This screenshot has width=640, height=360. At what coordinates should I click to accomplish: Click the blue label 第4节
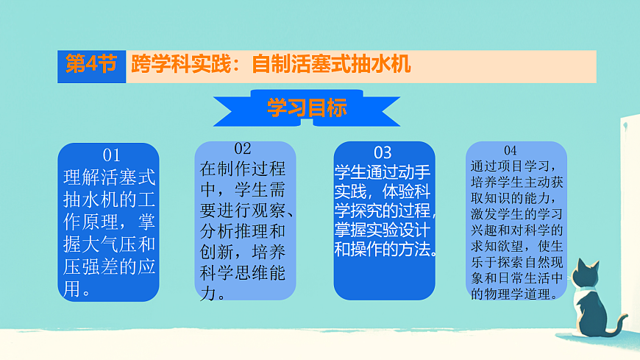[91, 65]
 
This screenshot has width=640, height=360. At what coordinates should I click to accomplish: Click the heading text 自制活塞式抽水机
[330, 65]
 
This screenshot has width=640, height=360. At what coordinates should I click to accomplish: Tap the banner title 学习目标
[307, 108]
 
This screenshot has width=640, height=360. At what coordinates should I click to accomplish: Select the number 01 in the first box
[111, 155]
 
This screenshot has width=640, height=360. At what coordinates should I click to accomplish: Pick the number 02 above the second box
[243, 148]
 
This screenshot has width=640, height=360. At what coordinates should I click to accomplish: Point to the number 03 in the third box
[383, 153]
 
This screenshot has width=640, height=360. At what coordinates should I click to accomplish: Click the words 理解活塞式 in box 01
[110, 177]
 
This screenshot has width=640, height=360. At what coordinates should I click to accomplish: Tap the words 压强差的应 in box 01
[110, 267]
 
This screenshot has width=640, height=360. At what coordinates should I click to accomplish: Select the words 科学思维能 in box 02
[243, 274]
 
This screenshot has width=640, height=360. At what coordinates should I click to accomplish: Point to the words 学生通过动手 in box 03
[383, 172]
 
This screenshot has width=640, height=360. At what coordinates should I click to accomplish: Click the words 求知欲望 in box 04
[501, 245]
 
